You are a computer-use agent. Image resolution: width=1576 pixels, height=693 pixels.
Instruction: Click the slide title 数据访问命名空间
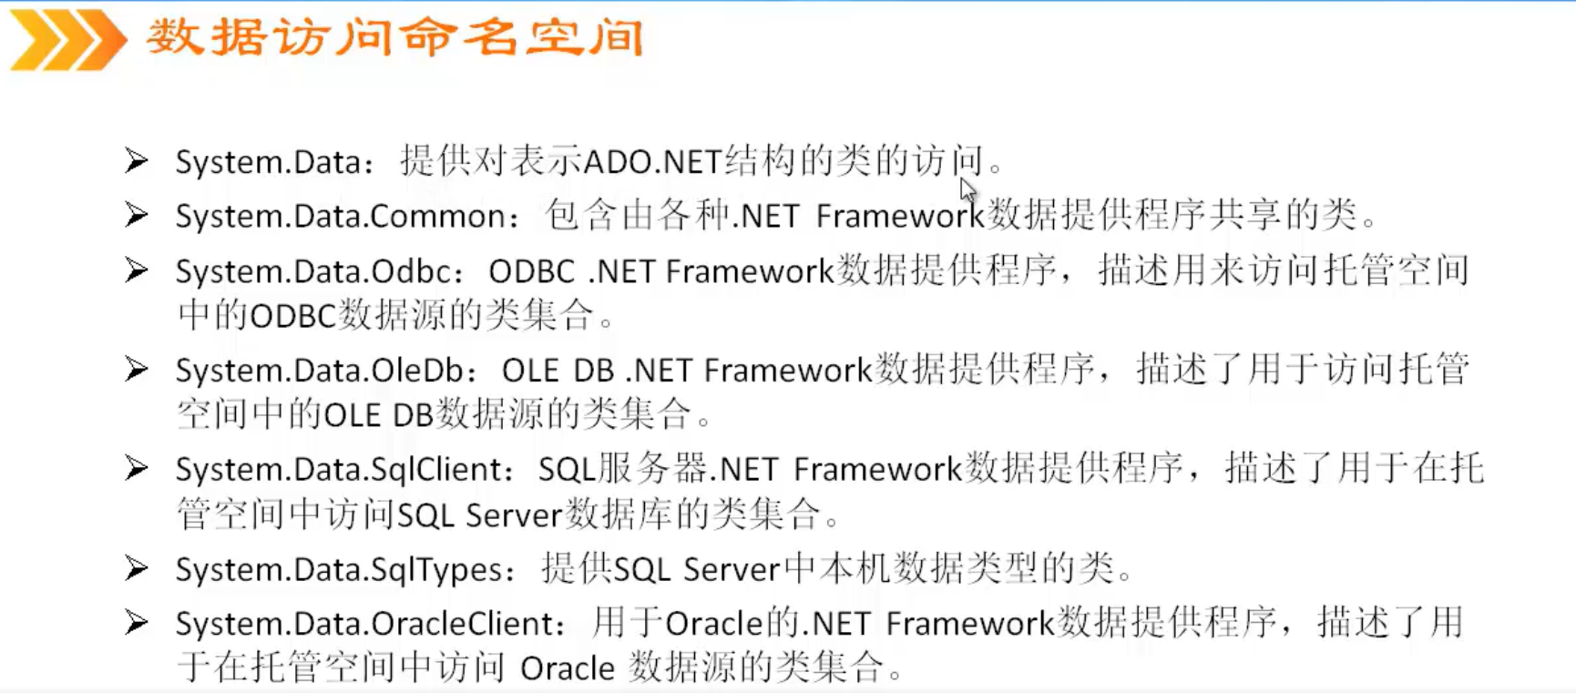coord(394,38)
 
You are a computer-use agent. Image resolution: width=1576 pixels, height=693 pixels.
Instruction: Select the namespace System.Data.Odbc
coord(313,271)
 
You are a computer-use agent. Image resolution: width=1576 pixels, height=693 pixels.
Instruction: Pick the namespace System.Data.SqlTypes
coord(339,570)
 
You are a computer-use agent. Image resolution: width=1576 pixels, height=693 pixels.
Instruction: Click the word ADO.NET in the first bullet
coord(652,162)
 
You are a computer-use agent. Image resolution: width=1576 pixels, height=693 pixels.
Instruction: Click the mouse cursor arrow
coord(967,189)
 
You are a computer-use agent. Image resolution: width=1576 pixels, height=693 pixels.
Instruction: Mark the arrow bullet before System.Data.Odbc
coord(137,270)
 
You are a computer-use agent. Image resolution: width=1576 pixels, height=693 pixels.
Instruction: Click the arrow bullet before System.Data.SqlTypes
coord(137,569)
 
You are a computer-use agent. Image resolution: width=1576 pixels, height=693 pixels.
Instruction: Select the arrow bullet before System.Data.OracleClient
coord(137,623)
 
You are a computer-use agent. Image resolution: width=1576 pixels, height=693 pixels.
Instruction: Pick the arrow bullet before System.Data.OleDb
coord(137,370)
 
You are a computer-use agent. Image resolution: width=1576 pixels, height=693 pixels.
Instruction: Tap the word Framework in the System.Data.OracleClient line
coord(969,624)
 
